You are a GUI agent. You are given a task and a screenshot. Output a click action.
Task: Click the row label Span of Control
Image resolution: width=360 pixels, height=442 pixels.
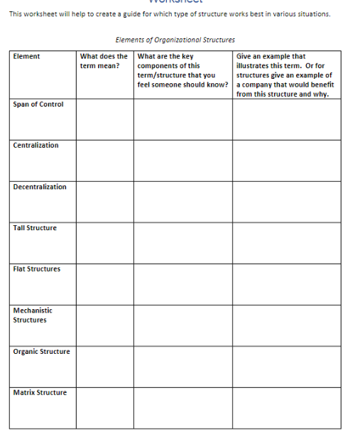coord(38,104)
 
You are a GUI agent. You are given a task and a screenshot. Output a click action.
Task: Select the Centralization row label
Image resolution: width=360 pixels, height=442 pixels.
coord(36,146)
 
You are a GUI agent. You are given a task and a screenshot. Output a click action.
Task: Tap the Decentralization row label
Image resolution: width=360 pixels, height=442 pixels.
coord(40,187)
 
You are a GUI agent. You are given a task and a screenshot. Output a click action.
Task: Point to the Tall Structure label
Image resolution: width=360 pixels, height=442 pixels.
coord(35,228)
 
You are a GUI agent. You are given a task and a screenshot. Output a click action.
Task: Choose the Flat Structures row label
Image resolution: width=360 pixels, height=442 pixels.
coord(37,269)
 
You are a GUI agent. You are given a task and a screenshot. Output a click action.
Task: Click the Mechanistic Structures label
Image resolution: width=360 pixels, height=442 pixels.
coord(33,315)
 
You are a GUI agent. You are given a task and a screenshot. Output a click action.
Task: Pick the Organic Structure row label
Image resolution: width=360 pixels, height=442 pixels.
coord(41,352)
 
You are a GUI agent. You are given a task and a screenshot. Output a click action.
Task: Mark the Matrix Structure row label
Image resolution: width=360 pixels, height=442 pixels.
coord(40,393)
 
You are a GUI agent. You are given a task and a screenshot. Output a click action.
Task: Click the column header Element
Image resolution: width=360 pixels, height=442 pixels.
coord(26,56)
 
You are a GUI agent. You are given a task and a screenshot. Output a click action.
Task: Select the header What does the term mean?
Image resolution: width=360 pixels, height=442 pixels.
coord(104,60)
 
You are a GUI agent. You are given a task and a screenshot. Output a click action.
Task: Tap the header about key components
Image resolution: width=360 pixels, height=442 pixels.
coord(182,70)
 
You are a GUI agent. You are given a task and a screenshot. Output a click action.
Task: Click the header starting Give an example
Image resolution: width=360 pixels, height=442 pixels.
coord(285,75)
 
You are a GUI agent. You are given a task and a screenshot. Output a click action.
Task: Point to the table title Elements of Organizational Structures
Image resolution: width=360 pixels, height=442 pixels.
coord(175,41)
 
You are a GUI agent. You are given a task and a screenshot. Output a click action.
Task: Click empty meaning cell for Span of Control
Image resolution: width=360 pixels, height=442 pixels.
coord(104,119)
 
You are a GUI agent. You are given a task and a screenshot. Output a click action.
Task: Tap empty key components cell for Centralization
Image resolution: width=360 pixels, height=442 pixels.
coord(182,160)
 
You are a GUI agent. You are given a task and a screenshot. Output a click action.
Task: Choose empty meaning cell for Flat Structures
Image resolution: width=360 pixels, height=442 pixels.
coord(104,284)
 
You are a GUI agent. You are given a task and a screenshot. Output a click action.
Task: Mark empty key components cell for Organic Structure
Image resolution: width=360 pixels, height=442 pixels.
coord(182,366)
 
